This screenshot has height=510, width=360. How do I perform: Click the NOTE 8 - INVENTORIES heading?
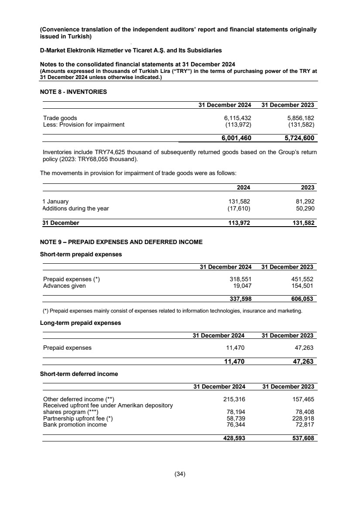click(73, 92)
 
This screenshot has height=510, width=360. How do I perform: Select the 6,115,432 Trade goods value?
click(237, 118)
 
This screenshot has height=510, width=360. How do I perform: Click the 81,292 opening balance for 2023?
click(305, 202)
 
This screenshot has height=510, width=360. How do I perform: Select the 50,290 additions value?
click(305, 208)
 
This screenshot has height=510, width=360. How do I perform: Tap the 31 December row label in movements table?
click(61, 223)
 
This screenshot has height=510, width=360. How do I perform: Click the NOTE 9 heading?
click(121, 242)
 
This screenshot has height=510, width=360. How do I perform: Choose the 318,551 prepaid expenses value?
click(240, 279)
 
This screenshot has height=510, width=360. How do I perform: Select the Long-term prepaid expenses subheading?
click(80, 323)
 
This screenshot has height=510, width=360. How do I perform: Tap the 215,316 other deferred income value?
click(234, 399)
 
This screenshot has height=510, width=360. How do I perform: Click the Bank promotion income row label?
click(75, 424)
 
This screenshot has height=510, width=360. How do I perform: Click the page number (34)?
click(180, 474)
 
